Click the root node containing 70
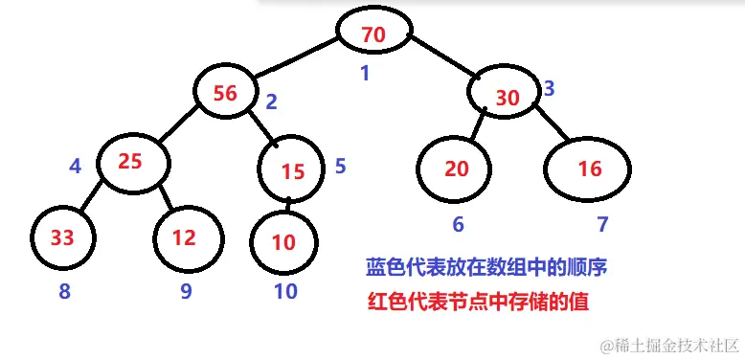(x=373, y=33)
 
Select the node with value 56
(x=226, y=92)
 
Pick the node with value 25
(x=130, y=161)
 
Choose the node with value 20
(x=457, y=168)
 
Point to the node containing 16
(x=589, y=169)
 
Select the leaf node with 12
(x=186, y=236)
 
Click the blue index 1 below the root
(x=364, y=73)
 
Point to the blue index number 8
(x=64, y=292)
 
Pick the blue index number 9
(x=186, y=292)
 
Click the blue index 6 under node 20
(x=458, y=226)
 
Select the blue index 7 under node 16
(x=602, y=226)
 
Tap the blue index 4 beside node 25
(x=76, y=166)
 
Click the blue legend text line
(x=487, y=267)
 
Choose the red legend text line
(x=477, y=301)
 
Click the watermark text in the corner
(x=669, y=343)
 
